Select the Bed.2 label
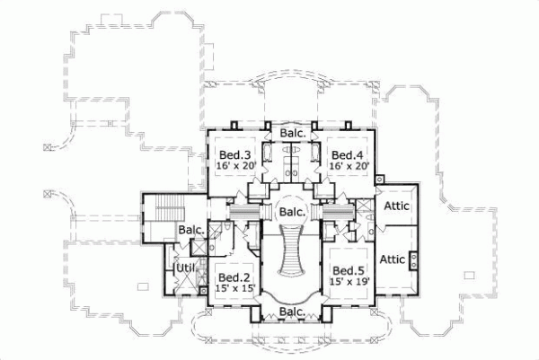[233, 277]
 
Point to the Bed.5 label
[347, 271]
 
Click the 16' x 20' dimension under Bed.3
[235, 166]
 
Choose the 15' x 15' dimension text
[236, 288]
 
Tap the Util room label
[184, 268]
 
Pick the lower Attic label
[393, 259]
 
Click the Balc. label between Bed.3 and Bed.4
[293, 134]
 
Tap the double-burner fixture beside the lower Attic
[414, 261]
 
